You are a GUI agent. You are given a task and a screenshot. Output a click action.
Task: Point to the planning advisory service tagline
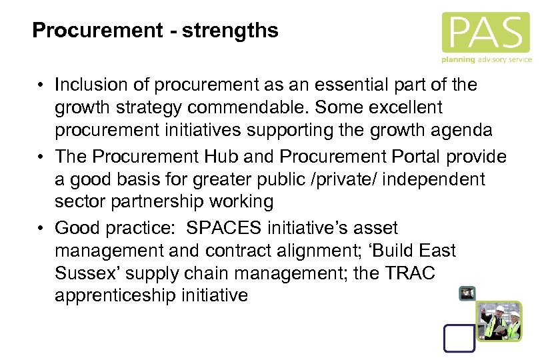pos(486,59)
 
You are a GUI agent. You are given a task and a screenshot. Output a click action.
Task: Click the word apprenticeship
pos(115,295)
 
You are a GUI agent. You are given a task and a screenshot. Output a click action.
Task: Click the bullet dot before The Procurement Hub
pos(41,157)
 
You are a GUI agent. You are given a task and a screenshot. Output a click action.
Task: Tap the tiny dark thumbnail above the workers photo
pos(467,293)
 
